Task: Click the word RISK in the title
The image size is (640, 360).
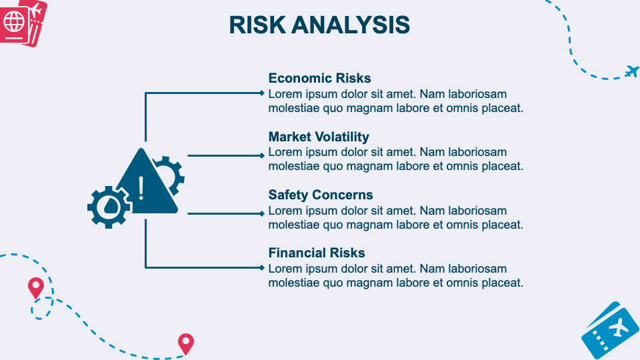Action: [257, 25]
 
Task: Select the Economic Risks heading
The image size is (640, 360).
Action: [319, 78]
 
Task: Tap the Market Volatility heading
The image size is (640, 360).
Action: [319, 137]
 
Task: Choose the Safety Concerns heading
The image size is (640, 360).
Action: [321, 195]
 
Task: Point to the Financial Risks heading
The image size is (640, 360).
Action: [316, 253]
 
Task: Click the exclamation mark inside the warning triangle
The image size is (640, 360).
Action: [141, 188]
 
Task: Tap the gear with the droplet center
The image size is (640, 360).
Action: [109, 207]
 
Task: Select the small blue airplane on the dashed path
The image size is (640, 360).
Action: [632, 71]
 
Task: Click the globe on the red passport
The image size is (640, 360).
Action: [14, 21]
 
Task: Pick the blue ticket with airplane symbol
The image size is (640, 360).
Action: [611, 331]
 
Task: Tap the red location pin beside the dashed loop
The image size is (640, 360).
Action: [36, 288]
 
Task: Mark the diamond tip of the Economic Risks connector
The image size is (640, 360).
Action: [262, 93]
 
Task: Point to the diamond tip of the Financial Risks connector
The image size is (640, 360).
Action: [262, 268]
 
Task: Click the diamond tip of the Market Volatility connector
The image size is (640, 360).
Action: [262, 155]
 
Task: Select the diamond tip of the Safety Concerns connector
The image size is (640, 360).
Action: [262, 213]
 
